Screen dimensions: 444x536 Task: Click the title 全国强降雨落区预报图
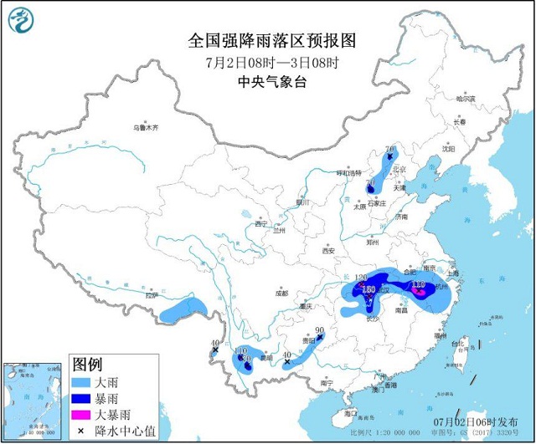pos(268,40)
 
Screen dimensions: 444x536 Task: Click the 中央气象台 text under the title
pos(268,83)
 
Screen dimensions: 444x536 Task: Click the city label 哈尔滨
pos(465,100)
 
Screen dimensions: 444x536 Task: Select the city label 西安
pos(327,251)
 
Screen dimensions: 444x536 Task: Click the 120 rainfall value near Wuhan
pos(362,277)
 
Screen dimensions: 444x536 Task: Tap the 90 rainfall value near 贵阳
pos(320,329)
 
